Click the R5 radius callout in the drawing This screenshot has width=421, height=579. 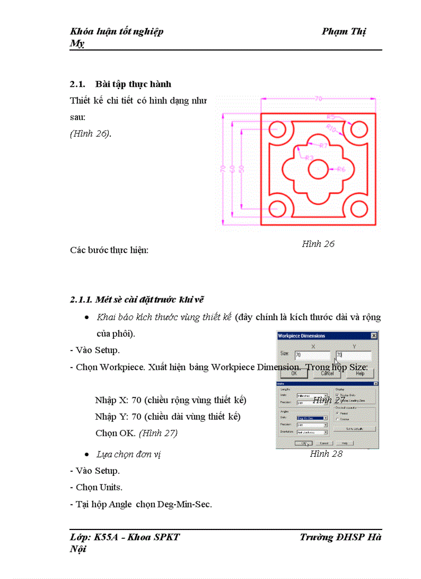[x=332, y=117]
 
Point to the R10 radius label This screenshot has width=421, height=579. [x=331, y=127]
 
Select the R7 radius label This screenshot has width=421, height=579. [x=323, y=146]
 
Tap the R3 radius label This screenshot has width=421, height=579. [x=310, y=157]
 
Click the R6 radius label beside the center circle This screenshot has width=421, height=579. [x=341, y=169]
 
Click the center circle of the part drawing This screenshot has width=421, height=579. [x=318, y=169]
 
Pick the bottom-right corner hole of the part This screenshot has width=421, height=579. [x=358, y=208]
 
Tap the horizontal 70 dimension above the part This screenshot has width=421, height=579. [x=318, y=98]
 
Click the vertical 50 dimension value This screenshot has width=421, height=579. [x=241, y=169]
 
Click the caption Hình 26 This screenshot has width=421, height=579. [x=318, y=244]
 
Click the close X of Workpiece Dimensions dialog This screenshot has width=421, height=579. [x=374, y=336]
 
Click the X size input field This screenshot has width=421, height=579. [x=312, y=355]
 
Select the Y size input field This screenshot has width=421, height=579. [x=353, y=355]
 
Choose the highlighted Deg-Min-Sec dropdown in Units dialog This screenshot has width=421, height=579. [x=312, y=418]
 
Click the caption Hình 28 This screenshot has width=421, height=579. [x=326, y=454]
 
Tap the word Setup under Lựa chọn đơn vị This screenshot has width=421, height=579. [x=108, y=471]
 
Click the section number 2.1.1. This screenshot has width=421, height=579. [x=82, y=300]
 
